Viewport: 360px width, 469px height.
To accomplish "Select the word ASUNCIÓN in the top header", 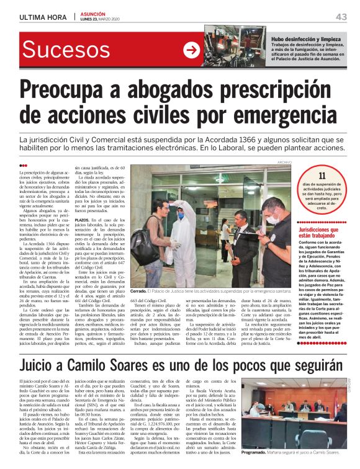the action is point(94,12).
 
